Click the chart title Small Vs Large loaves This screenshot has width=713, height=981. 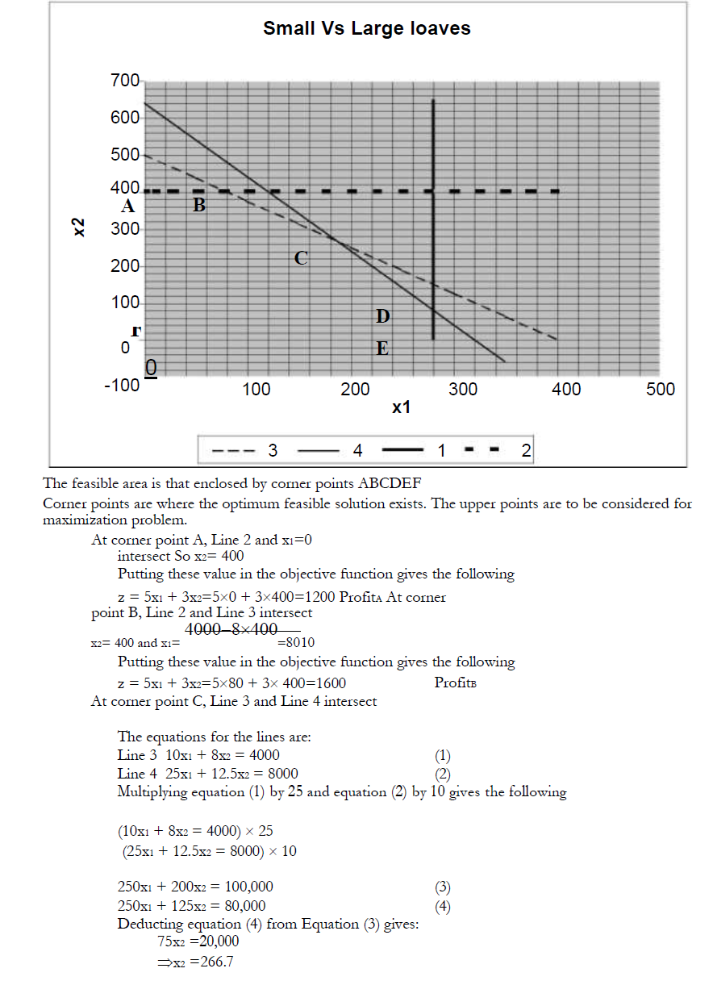coord(367,29)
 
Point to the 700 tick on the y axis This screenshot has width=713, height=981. coord(125,81)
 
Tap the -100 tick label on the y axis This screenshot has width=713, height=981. coord(122,385)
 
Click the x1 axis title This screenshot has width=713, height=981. coord(401,408)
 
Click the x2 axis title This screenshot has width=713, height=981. coord(79,227)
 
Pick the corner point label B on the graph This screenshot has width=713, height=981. coord(199,206)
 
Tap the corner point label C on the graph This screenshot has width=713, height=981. coord(300,258)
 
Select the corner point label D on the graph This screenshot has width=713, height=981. coord(382,315)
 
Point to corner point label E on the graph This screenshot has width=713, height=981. coord(382,349)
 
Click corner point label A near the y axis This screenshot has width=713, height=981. coord(127,206)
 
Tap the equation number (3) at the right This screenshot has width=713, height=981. coord(443,887)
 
